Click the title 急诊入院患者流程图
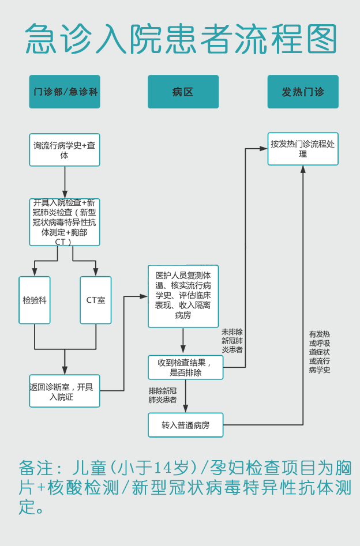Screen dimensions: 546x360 pyautogui.click(x=181, y=39)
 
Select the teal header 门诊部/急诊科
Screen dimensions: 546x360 pyautogui.click(x=65, y=92)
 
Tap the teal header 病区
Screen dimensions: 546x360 pyautogui.click(x=183, y=92)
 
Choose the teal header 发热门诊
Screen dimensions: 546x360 pyautogui.click(x=303, y=92)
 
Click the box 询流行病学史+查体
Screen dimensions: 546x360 pyautogui.click(x=65, y=150)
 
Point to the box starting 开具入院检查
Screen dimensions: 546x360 pyautogui.click(x=65, y=222)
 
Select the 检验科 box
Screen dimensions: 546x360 pyautogui.click(x=35, y=300)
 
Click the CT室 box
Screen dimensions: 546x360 pyautogui.click(x=96, y=300)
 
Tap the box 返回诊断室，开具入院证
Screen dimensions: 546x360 pyautogui.click(x=65, y=391)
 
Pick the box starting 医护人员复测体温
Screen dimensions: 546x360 pyautogui.click(x=183, y=296)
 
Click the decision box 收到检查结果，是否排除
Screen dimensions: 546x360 pyautogui.click(x=185, y=367)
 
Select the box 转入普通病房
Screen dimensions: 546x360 pyautogui.click(x=185, y=425)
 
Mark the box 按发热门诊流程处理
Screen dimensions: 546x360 pyautogui.click(x=303, y=149)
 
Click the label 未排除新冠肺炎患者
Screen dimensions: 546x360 pyautogui.click(x=232, y=341)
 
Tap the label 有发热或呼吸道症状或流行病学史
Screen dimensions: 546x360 pyautogui.click(x=320, y=352)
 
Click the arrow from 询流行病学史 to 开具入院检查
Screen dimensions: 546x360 pyautogui.click(x=65, y=182)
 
